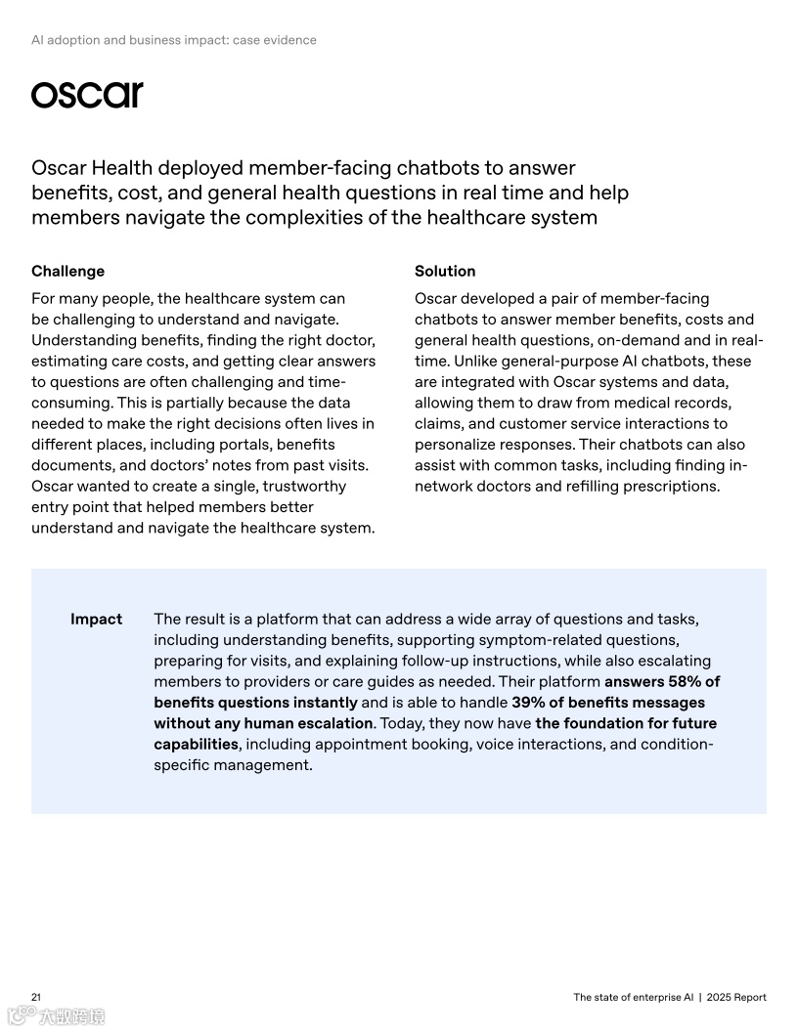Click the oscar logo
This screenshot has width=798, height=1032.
tap(87, 95)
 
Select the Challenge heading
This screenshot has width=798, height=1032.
tap(67, 271)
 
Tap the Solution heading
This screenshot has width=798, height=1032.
tap(445, 271)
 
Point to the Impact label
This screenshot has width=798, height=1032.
tap(96, 619)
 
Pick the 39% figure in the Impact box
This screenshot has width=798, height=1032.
tap(530, 703)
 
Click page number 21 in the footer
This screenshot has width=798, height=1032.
tap(36, 997)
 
